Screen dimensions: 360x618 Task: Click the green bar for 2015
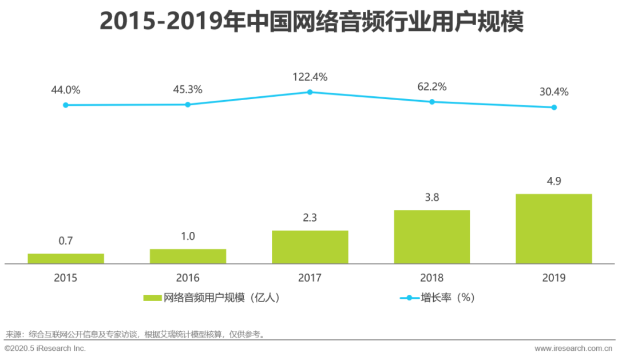[x=66, y=259]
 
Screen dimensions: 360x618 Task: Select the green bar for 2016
[x=188, y=256]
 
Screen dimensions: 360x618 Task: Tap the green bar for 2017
[x=310, y=247]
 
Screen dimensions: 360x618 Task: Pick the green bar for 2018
[x=431, y=237]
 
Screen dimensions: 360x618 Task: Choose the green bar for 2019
[x=553, y=229]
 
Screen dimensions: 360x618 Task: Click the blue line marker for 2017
[x=310, y=92]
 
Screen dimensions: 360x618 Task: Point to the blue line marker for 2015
[x=66, y=105]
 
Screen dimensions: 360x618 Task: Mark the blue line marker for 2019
[x=554, y=107]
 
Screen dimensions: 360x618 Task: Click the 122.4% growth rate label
[x=310, y=77]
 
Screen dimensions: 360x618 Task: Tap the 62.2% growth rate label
[x=432, y=87]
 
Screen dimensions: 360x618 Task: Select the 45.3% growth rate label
[x=188, y=90]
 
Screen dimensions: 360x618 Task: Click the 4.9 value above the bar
[x=553, y=181]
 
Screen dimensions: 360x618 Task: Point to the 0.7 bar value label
[x=66, y=241]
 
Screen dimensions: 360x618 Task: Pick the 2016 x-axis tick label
[x=188, y=278]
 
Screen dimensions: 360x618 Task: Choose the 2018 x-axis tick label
[x=431, y=278]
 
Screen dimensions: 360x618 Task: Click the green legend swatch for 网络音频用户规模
[x=152, y=298]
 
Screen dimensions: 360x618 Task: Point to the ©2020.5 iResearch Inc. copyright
[x=45, y=348]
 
